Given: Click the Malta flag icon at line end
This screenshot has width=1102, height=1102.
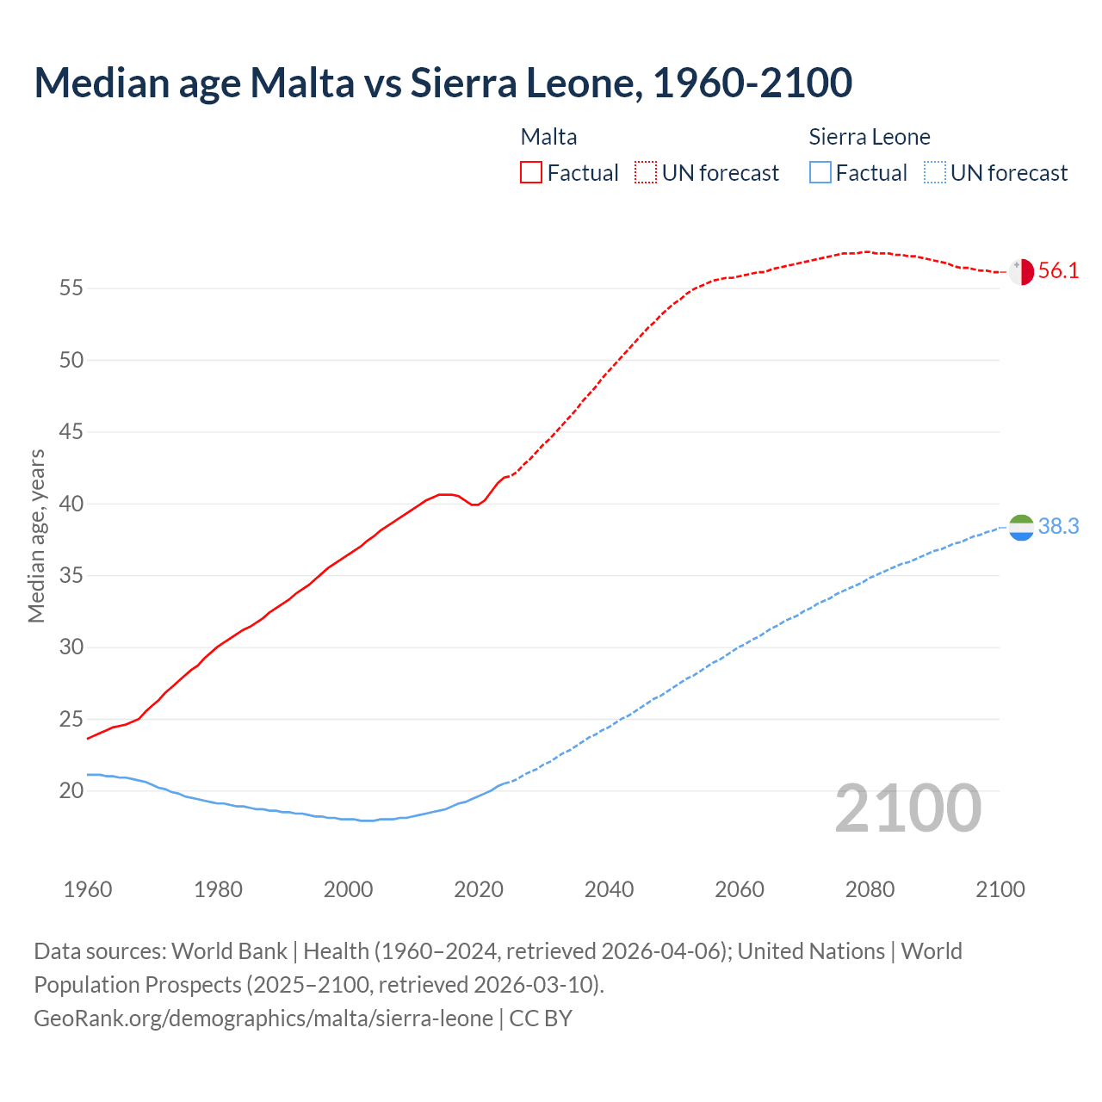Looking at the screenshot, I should click(1021, 271).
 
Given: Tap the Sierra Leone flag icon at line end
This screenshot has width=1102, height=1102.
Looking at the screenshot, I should click(1021, 527).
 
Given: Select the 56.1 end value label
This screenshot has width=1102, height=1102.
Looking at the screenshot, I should click(1058, 271).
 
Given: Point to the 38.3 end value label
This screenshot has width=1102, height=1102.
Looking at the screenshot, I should click(1058, 527).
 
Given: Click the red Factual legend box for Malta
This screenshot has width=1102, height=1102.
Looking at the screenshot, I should click(531, 173).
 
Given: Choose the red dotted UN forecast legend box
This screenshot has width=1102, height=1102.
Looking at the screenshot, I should click(646, 173).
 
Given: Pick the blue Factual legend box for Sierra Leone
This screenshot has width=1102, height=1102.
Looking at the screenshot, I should click(820, 173).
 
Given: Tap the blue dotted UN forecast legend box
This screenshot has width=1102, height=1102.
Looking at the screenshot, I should click(934, 173).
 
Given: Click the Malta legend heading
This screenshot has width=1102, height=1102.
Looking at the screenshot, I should click(548, 137).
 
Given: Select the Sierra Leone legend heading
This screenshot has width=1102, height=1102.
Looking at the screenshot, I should click(870, 137).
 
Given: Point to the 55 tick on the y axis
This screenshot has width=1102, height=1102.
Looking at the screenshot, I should click(71, 288).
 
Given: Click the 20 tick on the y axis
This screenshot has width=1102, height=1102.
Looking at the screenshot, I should click(71, 790).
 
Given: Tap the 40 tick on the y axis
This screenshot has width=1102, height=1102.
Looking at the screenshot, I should click(71, 504).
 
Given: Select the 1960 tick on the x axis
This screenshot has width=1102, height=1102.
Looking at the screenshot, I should click(88, 889).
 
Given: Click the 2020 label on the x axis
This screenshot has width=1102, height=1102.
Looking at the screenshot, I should click(479, 889).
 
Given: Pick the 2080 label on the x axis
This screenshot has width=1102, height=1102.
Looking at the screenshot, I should click(870, 889).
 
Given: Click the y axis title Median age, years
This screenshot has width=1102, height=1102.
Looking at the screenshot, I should click(36, 536).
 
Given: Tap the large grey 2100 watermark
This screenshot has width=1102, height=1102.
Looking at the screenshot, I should click(908, 808).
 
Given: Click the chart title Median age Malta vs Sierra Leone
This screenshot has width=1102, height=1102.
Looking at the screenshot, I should click(443, 83).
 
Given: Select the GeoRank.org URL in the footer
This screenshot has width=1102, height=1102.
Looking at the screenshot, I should click(263, 1018).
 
